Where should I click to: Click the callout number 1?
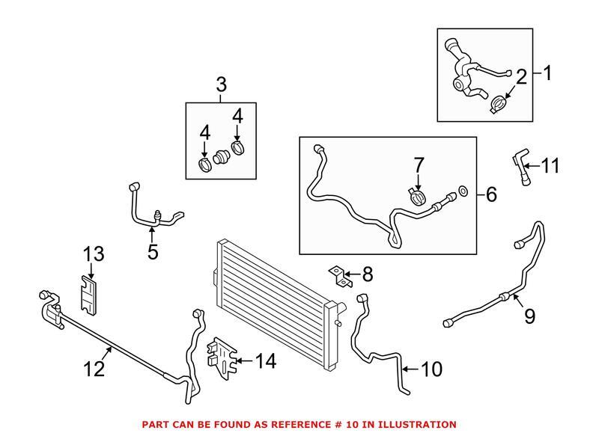point(547,73)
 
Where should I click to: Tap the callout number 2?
point(521,75)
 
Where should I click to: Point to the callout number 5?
point(153,252)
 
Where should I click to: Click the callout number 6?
point(491,194)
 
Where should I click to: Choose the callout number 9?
point(530,316)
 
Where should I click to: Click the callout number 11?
point(550,165)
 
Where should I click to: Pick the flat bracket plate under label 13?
point(89,294)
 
